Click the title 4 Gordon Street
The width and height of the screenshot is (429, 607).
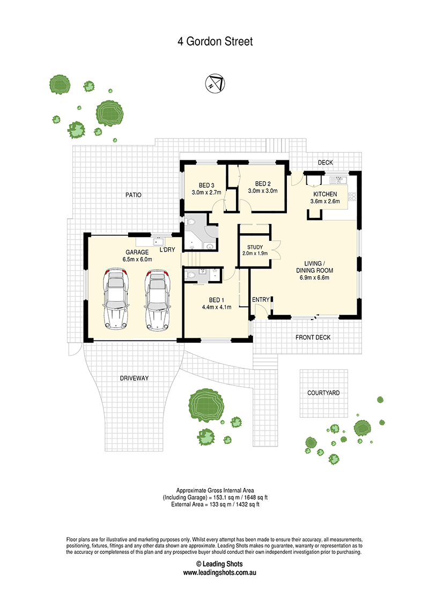point(215,41)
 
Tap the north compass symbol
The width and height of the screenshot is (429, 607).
point(215,83)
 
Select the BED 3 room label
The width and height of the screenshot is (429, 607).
point(206,186)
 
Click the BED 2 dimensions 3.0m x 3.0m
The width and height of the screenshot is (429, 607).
point(263,191)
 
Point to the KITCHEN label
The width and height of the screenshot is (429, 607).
point(325,194)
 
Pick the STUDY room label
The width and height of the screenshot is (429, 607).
point(255,247)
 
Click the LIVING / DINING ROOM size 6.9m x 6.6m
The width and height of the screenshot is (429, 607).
point(314,278)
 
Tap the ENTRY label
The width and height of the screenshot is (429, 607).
point(261,300)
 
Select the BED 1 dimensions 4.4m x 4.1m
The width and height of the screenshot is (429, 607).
point(217,307)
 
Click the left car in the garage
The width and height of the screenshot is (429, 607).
point(115,299)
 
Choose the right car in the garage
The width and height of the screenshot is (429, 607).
point(158,300)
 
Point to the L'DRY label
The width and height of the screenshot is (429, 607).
point(167,250)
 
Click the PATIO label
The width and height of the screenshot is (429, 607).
point(133,195)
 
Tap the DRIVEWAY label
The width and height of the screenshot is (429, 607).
point(135,378)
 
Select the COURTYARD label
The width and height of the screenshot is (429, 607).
point(323,393)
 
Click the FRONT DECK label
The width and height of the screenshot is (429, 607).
point(313,338)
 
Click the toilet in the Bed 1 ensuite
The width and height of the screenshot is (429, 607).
point(190,275)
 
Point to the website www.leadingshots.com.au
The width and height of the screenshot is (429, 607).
point(219,573)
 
